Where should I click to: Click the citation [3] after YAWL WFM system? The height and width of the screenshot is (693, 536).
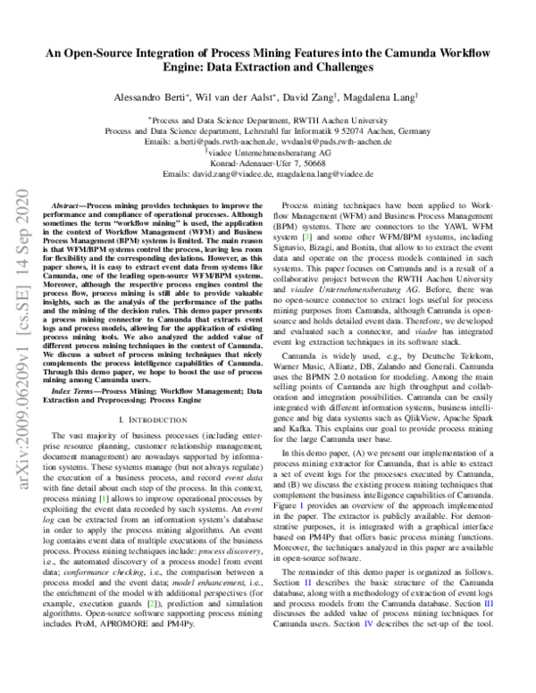tap(305, 238)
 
